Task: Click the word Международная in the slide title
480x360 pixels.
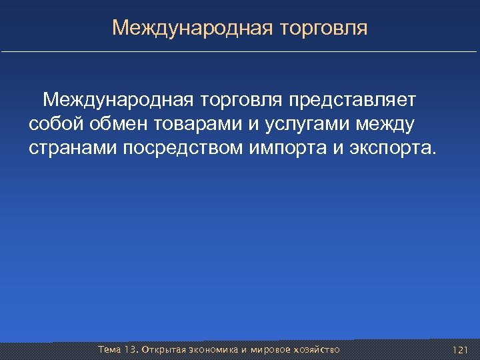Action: click(x=192, y=28)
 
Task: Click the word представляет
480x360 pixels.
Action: click(x=352, y=100)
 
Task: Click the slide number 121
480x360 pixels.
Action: click(x=460, y=350)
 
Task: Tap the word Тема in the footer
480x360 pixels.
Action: click(x=109, y=350)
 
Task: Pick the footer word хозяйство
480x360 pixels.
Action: click(x=316, y=350)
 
